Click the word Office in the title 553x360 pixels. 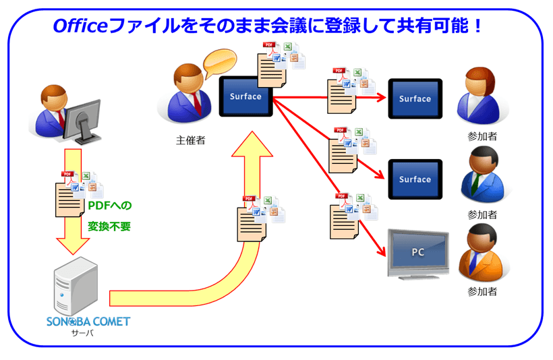[x=80, y=26]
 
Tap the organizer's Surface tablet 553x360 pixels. [x=245, y=96]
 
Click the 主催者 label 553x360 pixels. [x=190, y=141]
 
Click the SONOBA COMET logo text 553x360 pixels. [x=88, y=322]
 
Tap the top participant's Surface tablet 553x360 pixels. [x=415, y=99]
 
